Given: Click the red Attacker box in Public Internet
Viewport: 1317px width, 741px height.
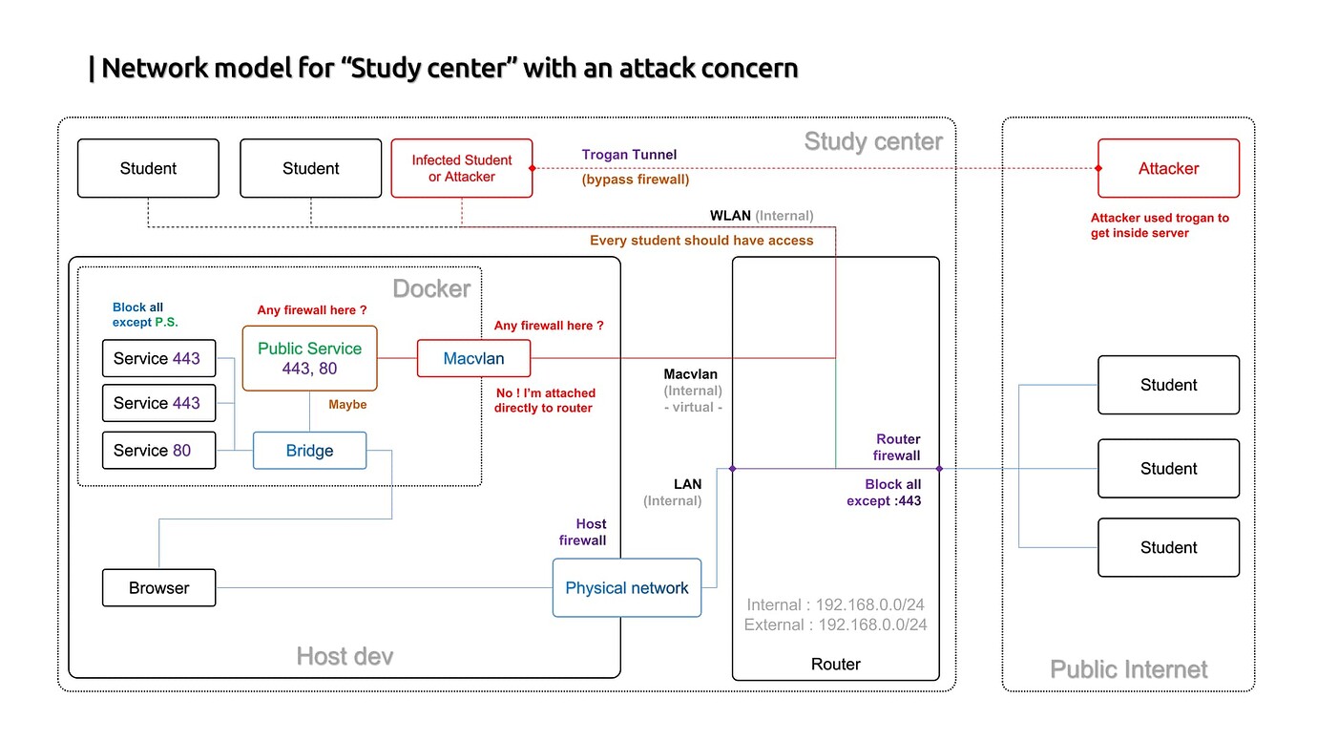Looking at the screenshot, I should [1168, 168].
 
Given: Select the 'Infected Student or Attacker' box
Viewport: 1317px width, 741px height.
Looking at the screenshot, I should [462, 168].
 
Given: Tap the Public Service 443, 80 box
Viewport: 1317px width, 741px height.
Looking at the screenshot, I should [309, 358].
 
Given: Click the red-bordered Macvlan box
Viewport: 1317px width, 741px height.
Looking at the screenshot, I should [473, 359].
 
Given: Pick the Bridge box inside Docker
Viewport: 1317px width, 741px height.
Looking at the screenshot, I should [309, 451].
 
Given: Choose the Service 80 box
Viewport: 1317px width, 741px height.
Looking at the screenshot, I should [158, 451].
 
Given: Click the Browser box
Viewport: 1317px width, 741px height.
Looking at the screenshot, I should [158, 588].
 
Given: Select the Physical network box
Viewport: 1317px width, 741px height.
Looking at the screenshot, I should [626, 588].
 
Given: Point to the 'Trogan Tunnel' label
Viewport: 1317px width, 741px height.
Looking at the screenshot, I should [629, 155].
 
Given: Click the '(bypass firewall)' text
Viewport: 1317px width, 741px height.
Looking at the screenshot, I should [635, 180].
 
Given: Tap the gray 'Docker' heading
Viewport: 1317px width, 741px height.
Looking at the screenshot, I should [431, 289].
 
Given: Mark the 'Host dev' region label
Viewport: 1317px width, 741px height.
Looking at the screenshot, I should [345, 656].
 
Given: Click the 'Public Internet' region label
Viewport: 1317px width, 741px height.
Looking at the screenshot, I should [1128, 669].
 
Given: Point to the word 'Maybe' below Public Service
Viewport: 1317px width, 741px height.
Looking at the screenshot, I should [347, 405].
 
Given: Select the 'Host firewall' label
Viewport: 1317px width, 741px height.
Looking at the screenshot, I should [583, 532].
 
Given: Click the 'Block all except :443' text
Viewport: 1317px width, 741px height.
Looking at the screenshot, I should [884, 493].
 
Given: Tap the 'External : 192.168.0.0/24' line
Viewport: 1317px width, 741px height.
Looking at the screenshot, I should [835, 625].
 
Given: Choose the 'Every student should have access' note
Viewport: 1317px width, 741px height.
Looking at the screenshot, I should [701, 241].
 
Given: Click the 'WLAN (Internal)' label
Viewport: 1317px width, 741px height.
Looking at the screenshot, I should [761, 216].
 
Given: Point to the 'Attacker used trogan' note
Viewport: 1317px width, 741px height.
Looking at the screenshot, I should [1160, 225].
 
